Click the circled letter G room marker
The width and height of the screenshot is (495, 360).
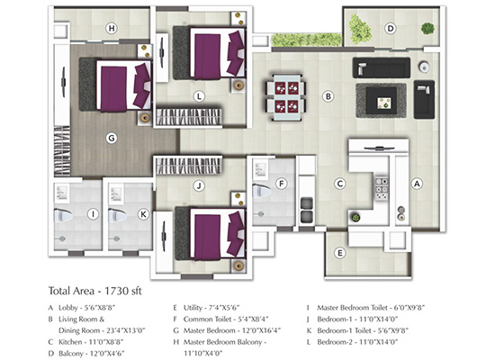(x=112, y=138)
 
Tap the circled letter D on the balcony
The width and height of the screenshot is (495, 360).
(x=391, y=29)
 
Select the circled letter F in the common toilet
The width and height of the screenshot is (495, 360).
(x=282, y=184)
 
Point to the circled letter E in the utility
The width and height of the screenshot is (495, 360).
(x=340, y=253)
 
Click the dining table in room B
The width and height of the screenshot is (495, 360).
(x=286, y=97)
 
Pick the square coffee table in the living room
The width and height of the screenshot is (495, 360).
(x=382, y=101)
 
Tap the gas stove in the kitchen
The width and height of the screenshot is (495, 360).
(x=382, y=189)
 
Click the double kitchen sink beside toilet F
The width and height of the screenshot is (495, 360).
(x=306, y=210)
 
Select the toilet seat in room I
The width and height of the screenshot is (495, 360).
(x=64, y=216)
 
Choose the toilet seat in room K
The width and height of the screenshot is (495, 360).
(x=118, y=216)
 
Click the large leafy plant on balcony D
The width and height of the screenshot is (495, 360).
(x=360, y=29)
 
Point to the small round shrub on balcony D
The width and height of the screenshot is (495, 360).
(x=427, y=29)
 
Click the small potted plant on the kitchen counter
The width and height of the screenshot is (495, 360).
(x=355, y=218)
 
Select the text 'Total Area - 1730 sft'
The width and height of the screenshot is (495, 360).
(x=95, y=291)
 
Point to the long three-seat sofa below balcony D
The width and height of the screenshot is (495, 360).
(x=382, y=67)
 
